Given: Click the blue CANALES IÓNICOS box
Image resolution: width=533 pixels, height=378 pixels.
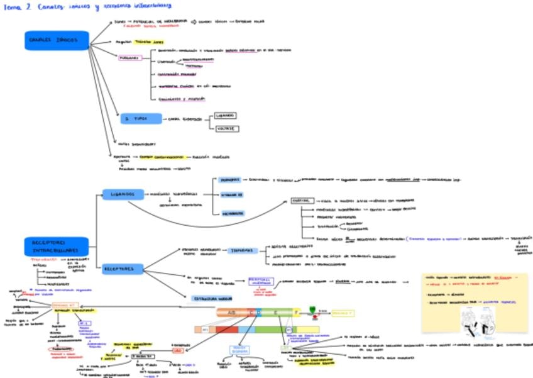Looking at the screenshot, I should [x=57, y=40].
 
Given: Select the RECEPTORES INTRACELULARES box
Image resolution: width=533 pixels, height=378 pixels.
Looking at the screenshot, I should [x=55, y=246].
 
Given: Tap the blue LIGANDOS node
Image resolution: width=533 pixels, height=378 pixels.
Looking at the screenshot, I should [x=123, y=194].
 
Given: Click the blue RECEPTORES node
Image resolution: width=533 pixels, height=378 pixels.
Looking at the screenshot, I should [x=124, y=269].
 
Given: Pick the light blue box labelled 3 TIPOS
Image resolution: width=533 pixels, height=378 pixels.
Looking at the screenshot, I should [x=141, y=119].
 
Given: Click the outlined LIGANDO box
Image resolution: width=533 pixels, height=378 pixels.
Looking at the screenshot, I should [x=225, y=116].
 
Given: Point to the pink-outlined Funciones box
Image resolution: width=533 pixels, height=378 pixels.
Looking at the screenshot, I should [x=130, y=58].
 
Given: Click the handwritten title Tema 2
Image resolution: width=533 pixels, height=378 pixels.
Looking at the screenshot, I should [x=14, y=6].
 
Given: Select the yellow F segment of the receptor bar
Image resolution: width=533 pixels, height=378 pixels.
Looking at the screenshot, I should [x=296, y=312].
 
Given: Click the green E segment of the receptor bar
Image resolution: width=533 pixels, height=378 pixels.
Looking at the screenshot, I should [x=273, y=312].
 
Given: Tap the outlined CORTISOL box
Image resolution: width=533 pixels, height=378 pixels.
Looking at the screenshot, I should [x=304, y=201].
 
